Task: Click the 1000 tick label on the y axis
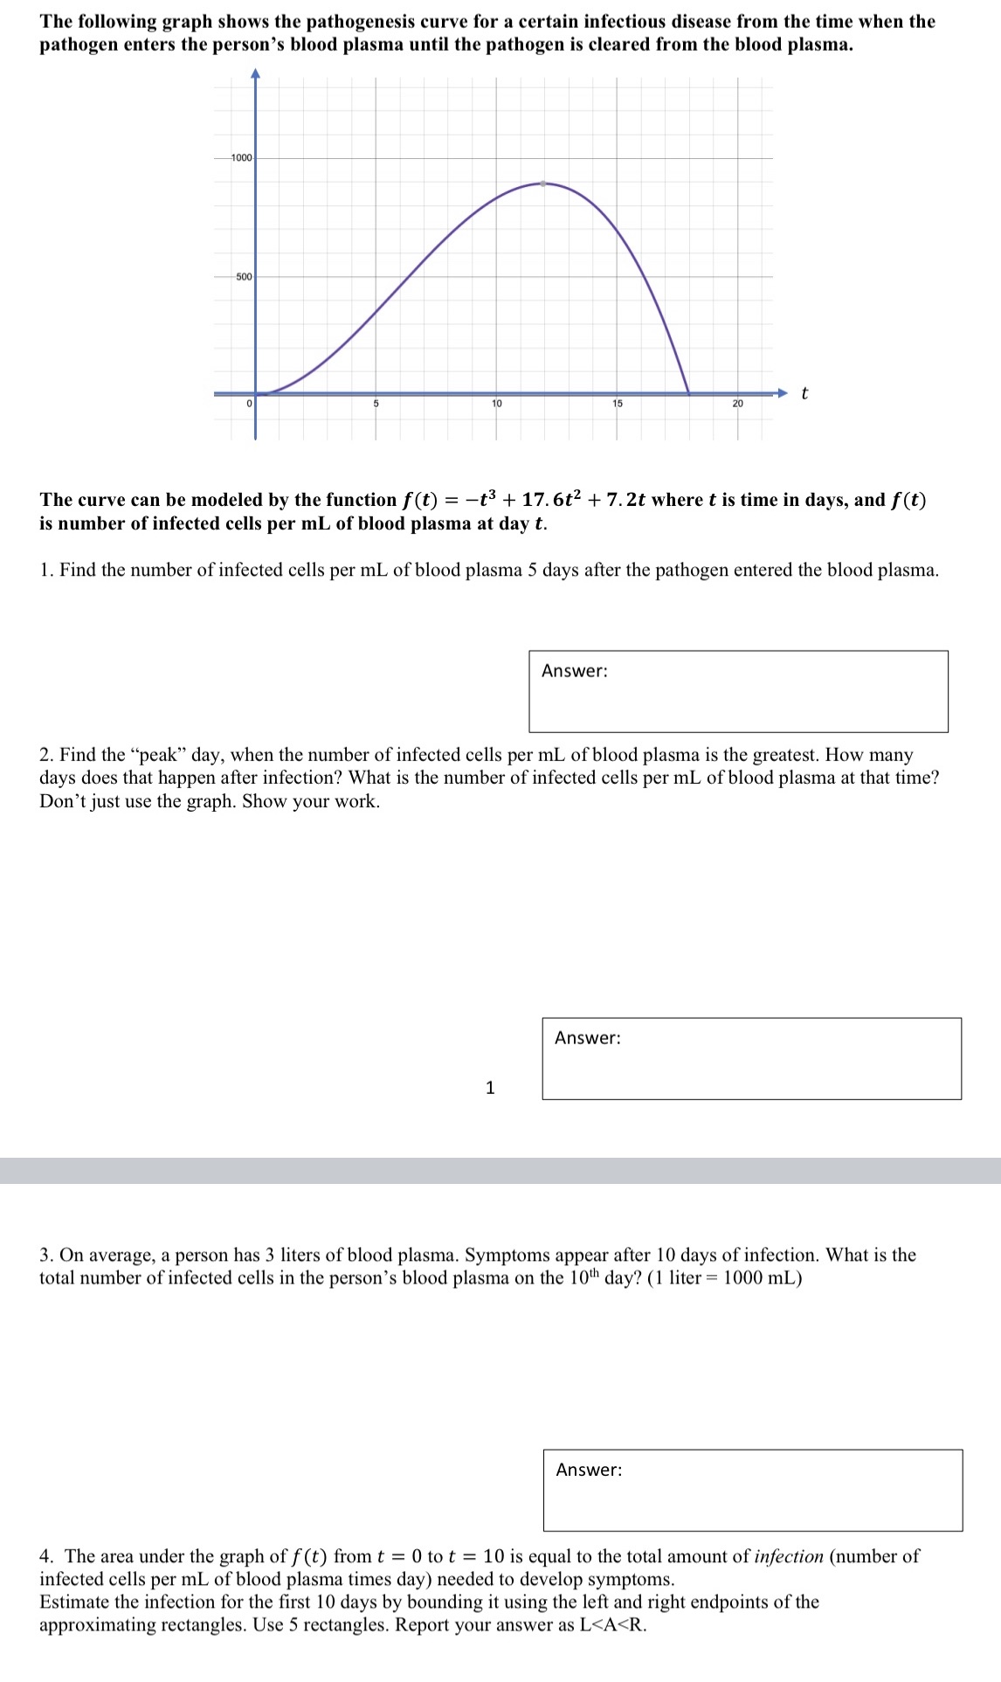point(241,158)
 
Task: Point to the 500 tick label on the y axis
point(244,277)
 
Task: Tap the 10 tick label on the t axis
point(496,404)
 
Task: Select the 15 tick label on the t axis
point(617,404)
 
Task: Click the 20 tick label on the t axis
point(737,404)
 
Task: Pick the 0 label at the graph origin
point(249,404)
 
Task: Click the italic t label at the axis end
point(804,393)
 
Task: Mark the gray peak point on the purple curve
point(543,183)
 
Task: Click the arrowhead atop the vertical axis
point(255,74)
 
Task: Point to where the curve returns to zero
point(689,393)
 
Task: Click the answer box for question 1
point(738,691)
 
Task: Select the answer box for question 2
point(751,1058)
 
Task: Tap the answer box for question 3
point(752,1490)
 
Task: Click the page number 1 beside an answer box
point(490,1088)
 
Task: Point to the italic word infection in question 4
point(788,1556)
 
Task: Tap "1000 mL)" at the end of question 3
point(763,1277)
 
